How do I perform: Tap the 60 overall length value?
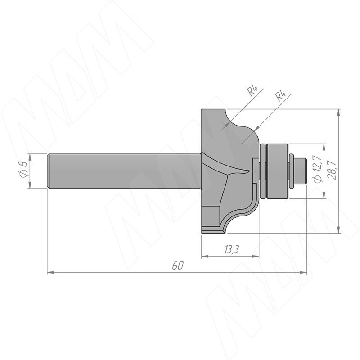(x=178, y=265)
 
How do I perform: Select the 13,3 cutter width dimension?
(x=231, y=249)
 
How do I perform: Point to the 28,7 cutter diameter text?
(x=332, y=170)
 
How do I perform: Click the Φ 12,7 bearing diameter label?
(x=319, y=170)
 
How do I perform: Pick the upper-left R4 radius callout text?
(x=253, y=91)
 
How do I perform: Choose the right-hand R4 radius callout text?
(x=280, y=96)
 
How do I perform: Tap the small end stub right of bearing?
(x=301, y=171)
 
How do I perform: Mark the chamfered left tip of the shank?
(x=49, y=171)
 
